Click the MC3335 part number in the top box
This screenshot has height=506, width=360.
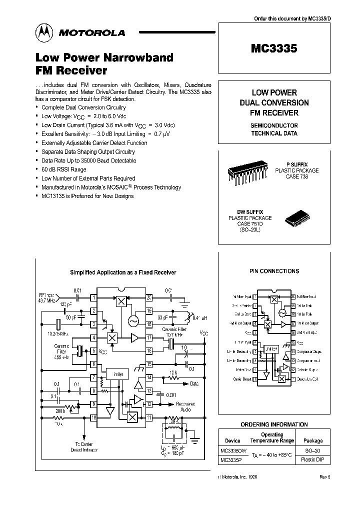pos(274,49)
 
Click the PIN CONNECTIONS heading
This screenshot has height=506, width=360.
pos(274,271)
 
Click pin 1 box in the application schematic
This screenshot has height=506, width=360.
pos(93,298)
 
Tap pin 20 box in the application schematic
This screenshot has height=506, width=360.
pos(149,298)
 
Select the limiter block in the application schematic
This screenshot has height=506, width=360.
pos(118,374)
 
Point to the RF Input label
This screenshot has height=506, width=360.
pos(47,295)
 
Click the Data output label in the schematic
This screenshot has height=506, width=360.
pos(194,384)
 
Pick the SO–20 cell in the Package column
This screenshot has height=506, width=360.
pos(313,451)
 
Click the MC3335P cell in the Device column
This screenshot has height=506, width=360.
pos(230,460)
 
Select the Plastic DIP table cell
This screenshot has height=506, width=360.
pos(313,460)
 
